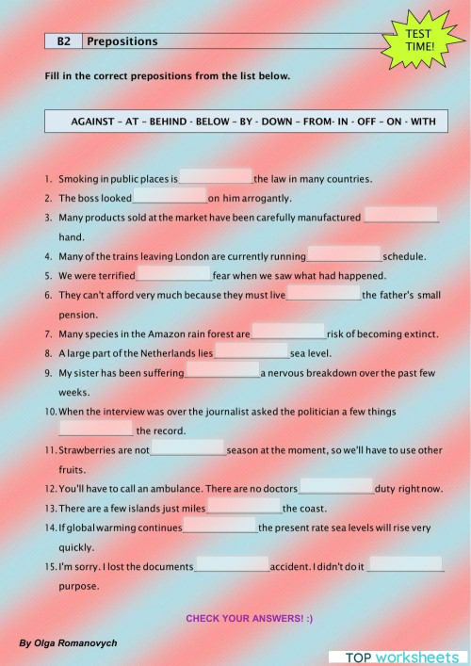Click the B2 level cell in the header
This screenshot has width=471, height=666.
[x=63, y=41]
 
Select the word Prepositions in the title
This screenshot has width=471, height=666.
[x=122, y=41]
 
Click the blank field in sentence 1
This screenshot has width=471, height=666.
[x=216, y=176]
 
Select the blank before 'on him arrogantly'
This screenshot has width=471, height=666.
[x=170, y=197]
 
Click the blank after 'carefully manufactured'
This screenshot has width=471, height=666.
[x=401, y=216]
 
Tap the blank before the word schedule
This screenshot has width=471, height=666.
[x=344, y=254]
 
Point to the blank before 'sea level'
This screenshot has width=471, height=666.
[x=252, y=352]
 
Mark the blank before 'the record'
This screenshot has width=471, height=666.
[x=95, y=429]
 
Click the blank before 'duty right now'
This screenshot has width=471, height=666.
[x=336, y=488]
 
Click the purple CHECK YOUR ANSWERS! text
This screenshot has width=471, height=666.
[x=249, y=618]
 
